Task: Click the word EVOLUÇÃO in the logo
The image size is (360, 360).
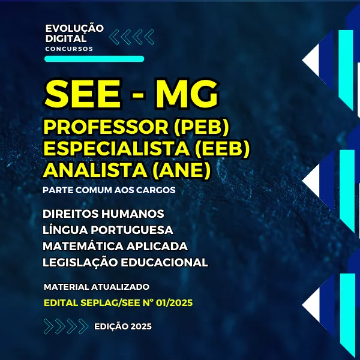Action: click(x=74, y=28)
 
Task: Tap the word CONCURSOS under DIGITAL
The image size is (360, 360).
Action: click(x=69, y=49)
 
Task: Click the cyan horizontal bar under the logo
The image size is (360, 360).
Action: click(x=94, y=59)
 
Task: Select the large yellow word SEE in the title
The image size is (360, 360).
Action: click(x=83, y=94)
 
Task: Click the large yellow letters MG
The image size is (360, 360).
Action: click(x=187, y=94)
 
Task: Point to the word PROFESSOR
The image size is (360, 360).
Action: click(x=106, y=127)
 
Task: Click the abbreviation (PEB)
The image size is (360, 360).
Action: click(x=202, y=127)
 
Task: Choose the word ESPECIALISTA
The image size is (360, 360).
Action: click(x=116, y=149)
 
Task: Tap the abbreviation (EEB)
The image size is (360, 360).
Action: click(x=222, y=149)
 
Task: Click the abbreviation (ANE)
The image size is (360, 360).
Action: click(x=182, y=170)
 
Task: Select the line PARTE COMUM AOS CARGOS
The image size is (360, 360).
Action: click(x=109, y=190)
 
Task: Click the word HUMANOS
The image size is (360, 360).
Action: click(x=133, y=214)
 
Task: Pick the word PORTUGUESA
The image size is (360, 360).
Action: click(x=132, y=230)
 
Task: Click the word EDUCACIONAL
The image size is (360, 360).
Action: click(x=164, y=262)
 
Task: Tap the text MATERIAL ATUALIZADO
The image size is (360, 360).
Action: click(x=97, y=287)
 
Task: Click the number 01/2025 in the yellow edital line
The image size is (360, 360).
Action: click(x=174, y=303)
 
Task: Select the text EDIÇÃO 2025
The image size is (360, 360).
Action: click(x=123, y=326)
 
